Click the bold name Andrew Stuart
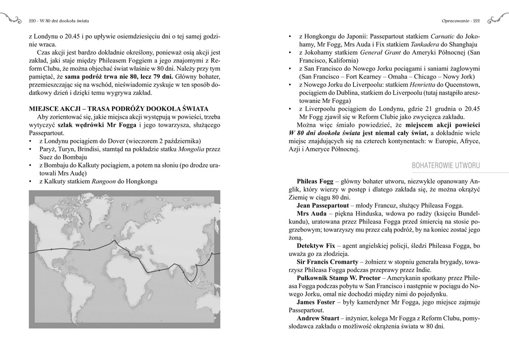click(x=319, y=319)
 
